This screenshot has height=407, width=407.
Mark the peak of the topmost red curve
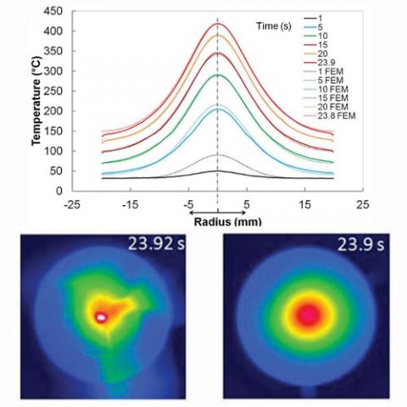[x=218, y=24]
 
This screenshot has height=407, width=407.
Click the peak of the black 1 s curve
[x=218, y=170]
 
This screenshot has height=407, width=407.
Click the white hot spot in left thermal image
[x=101, y=316]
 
